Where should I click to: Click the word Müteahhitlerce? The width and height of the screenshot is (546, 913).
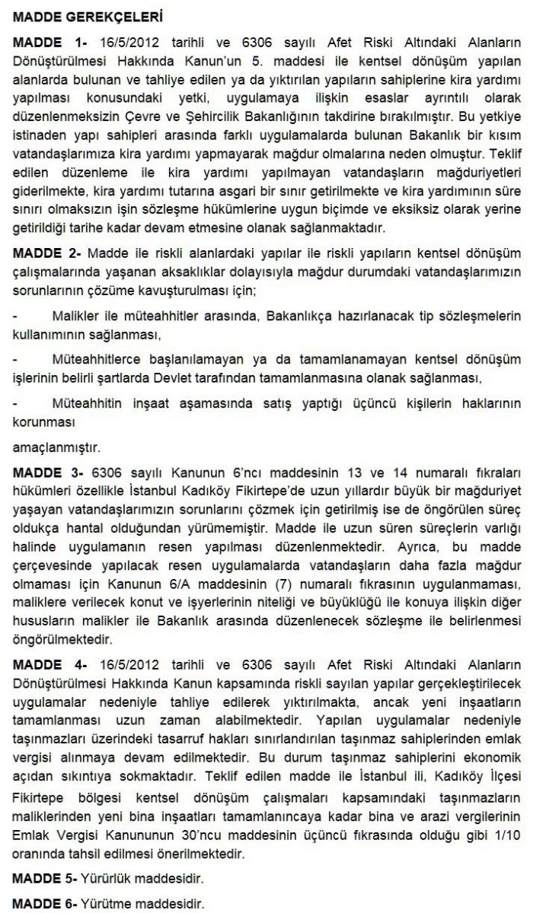click(x=101, y=358)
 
